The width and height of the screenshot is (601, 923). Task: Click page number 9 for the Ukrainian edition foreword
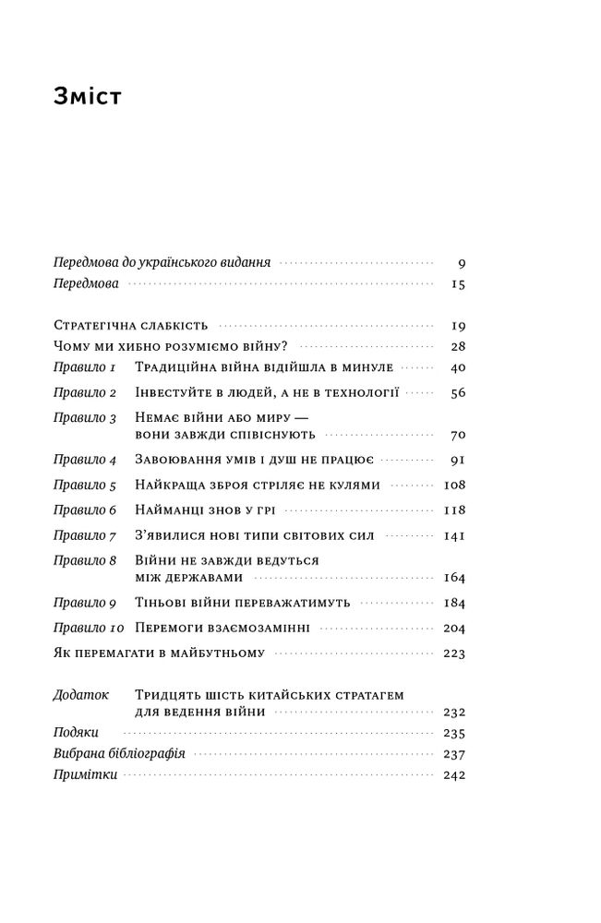click(460, 263)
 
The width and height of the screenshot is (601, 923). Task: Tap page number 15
click(457, 285)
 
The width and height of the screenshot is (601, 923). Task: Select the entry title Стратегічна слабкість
click(131, 326)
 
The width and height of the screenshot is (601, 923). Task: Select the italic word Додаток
click(82, 694)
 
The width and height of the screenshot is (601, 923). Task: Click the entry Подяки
click(77, 733)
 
